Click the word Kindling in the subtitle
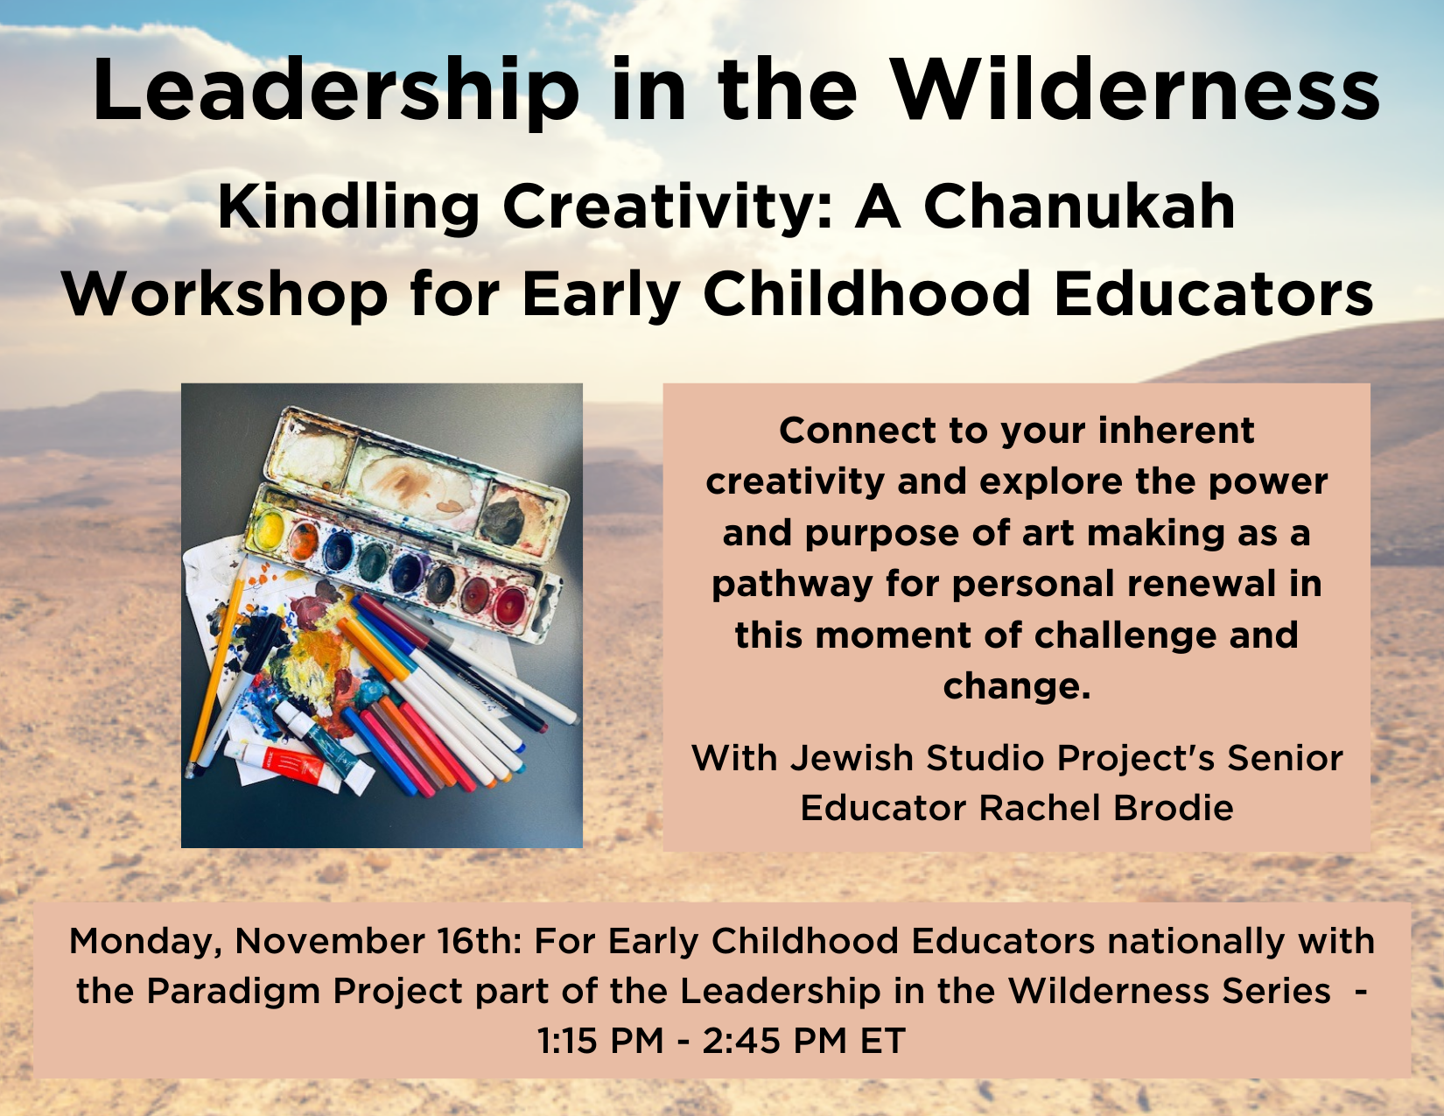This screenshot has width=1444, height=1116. (349, 208)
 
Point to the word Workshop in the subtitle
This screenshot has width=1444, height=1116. (225, 294)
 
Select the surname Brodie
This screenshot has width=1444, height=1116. (1174, 808)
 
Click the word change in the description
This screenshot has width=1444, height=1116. (1017, 686)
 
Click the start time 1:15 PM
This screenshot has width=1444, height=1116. (600, 1040)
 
